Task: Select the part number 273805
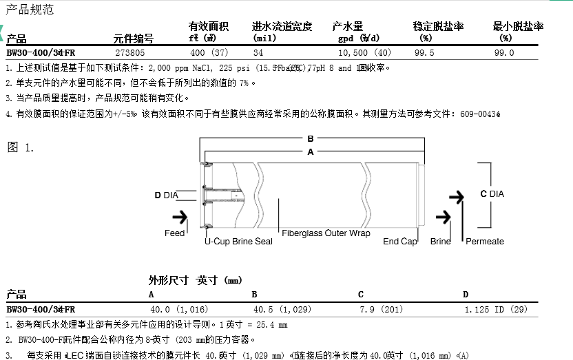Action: pos(129,52)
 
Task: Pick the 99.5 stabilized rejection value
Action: pos(424,52)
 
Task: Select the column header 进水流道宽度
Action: pos(282,27)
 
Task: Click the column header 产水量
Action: pos(347,27)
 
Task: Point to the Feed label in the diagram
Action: pos(174,233)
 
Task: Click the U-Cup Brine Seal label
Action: pos(238,241)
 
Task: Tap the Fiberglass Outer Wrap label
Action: pos(326,233)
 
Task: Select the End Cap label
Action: pos(399,241)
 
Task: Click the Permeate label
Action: pos(485,241)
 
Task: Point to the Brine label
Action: pos(440,241)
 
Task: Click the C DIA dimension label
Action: pos(492,194)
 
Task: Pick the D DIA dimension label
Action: pos(166,195)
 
